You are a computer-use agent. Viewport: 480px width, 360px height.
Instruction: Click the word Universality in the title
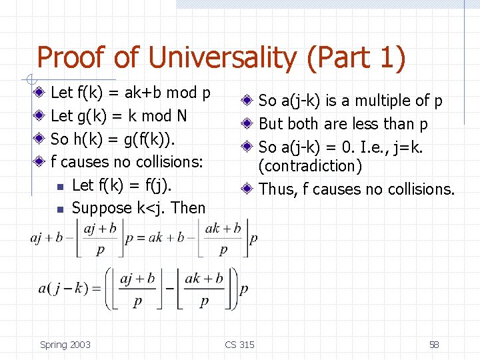click(221, 58)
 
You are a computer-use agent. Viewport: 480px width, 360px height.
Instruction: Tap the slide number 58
click(434, 345)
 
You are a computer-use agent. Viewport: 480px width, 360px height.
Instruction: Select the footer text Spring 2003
click(65, 345)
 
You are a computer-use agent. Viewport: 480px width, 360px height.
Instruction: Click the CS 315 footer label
click(239, 345)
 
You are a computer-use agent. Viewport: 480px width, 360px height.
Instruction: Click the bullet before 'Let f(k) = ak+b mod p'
click(41, 92)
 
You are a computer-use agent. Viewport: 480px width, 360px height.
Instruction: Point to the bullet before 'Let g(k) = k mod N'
click(41, 115)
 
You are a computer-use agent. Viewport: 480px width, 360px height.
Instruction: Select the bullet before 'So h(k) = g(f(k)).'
click(41, 139)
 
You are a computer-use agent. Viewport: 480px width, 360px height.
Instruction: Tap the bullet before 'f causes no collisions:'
click(41, 161)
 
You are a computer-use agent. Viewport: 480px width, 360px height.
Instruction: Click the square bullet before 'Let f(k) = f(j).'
click(60, 186)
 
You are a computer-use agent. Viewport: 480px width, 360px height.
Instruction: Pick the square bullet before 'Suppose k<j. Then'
click(60, 209)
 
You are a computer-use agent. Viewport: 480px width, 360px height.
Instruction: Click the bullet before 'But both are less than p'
click(247, 124)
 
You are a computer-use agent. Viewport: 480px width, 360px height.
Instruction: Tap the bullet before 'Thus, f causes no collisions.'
click(247, 189)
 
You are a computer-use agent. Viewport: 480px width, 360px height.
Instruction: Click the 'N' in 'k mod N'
click(181, 116)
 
